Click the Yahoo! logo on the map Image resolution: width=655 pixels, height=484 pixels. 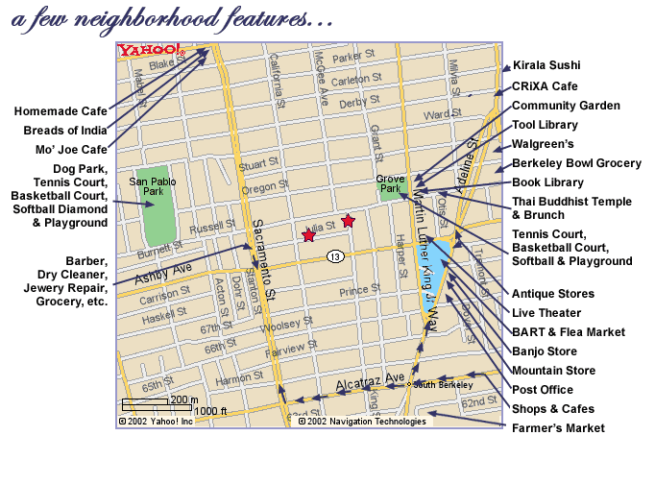coord(150,50)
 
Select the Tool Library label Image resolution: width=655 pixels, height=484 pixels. coord(545,125)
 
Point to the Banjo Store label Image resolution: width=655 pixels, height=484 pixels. coord(545,351)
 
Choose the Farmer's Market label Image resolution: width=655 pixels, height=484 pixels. coord(558,428)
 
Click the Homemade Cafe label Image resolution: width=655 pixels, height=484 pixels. coord(61,111)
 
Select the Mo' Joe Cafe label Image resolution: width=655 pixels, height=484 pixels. coord(66,150)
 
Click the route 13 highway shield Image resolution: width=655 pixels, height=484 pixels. coord(334,256)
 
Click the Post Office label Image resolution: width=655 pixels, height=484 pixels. coord(543,390)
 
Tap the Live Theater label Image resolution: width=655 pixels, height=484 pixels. coord(546,313)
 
